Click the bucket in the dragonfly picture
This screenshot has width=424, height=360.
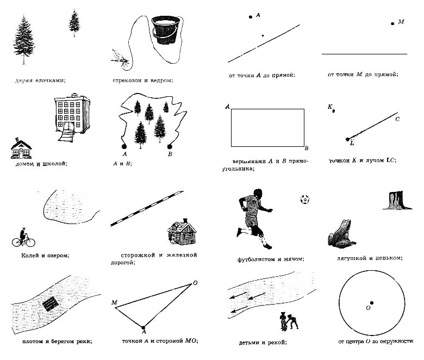pos(166,30)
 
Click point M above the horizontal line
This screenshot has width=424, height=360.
pos(392,23)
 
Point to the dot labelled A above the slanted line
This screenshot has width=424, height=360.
pos(251,17)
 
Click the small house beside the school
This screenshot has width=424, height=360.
pos(20,148)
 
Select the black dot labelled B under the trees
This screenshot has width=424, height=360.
pos(170,146)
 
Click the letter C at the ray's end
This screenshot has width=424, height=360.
pos(397,119)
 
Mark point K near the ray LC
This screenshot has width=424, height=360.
pos(333,110)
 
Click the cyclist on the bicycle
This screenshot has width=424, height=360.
pos(22,238)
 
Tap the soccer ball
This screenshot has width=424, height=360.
pos(304,200)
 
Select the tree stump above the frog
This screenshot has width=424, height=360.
pos(395,201)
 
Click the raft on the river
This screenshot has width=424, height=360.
pos(51,303)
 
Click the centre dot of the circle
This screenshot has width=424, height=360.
pos(372,303)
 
